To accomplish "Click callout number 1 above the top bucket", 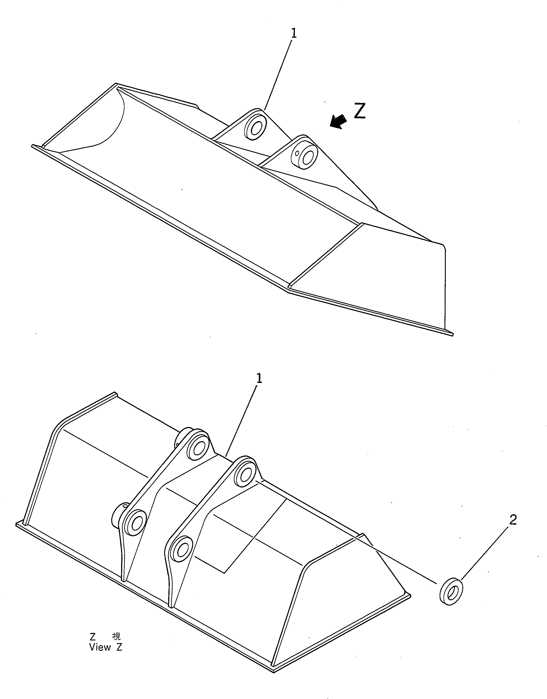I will [294, 34].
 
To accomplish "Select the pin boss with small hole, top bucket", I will [305, 156].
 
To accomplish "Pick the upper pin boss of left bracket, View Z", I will [198, 448].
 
